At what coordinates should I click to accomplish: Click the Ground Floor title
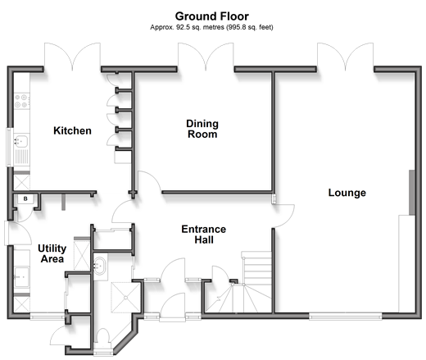(212, 16)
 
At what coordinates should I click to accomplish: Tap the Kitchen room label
(72, 130)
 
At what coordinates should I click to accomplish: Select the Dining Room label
(202, 129)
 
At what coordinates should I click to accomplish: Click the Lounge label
(347, 193)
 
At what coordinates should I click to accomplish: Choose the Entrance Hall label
(204, 235)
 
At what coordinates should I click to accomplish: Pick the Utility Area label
(52, 253)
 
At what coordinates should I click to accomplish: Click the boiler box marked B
(25, 198)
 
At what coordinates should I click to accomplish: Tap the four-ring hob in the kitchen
(22, 101)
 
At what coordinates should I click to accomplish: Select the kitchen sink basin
(21, 141)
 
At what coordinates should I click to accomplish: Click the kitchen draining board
(21, 157)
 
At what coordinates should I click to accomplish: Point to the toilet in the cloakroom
(103, 336)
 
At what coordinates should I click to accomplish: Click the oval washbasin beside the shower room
(100, 266)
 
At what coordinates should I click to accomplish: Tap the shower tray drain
(126, 298)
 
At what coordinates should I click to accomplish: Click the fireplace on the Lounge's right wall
(412, 193)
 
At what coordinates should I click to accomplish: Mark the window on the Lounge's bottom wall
(346, 317)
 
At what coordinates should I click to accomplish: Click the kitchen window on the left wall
(10, 147)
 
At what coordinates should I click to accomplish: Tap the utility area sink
(21, 277)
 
